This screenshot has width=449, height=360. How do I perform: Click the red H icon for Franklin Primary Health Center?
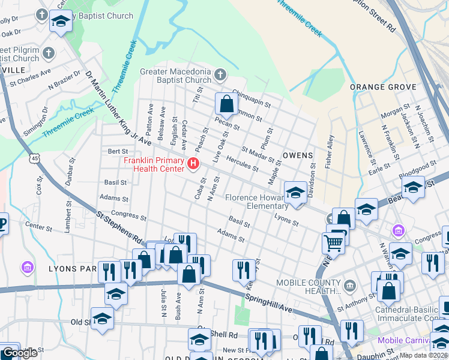[x=193, y=163]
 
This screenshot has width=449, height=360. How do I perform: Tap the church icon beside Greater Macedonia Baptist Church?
[x=220, y=75]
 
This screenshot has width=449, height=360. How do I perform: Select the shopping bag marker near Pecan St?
[x=226, y=104]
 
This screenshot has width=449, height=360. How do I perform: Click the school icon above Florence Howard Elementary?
[x=295, y=193]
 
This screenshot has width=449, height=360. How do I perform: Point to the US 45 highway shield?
[x=36, y=158]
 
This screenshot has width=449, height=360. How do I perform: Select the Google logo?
[x=19, y=353]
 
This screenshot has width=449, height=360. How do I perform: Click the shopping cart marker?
[x=334, y=242]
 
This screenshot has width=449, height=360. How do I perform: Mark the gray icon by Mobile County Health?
[x=350, y=283]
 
